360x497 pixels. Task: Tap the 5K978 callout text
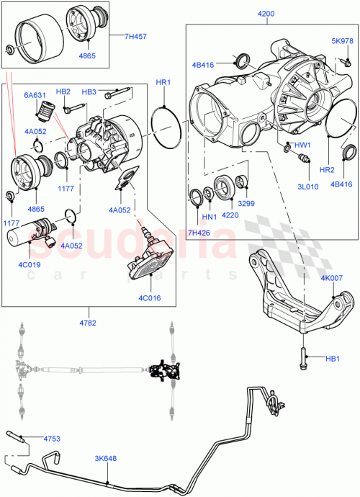pyautogui.click(x=341, y=41)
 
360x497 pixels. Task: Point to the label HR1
pyautogui.click(x=163, y=83)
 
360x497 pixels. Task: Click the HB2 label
pyautogui.click(x=63, y=91)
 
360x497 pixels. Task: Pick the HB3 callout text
pyautogui.click(x=89, y=91)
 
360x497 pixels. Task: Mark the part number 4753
pyautogui.click(x=53, y=438)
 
